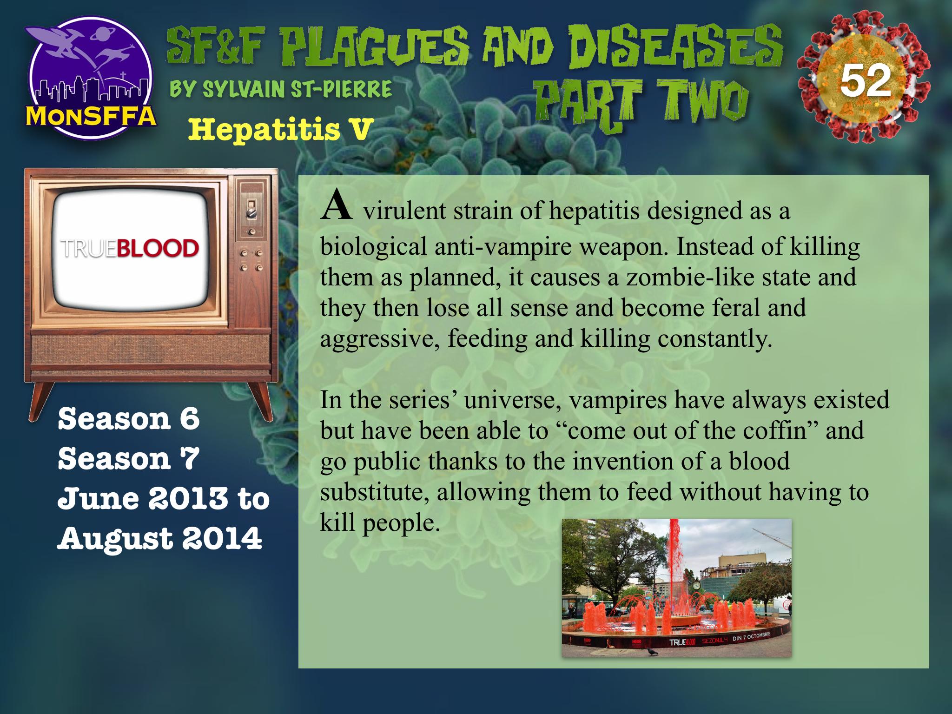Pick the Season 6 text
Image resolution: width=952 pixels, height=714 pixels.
129,419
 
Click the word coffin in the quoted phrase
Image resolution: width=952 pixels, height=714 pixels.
782,431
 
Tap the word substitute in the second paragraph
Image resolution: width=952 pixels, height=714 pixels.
375,492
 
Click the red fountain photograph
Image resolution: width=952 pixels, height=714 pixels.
676,588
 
